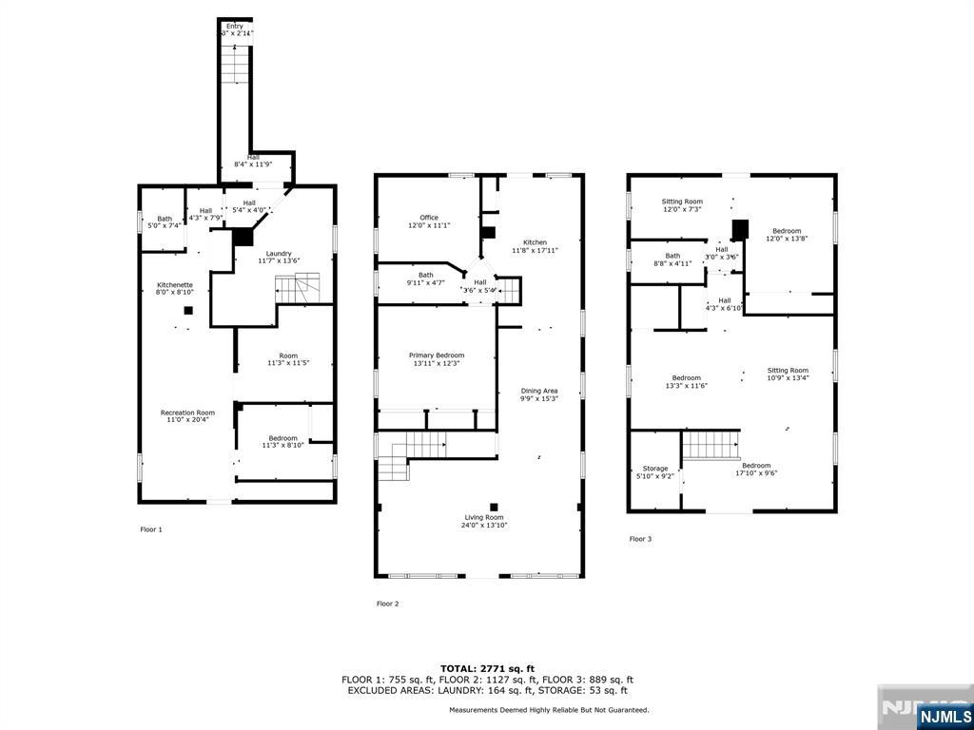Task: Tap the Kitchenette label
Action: pyautogui.click(x=175, y=289)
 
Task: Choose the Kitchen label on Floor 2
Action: pyautogui.click(x=535, y=246)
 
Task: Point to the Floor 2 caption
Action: pyautogui.click(x=387, y=604)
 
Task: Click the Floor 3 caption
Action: pyautogui.click(x=640, y=539)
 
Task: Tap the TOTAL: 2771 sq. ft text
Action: pyautogui.click(x=487, y=668)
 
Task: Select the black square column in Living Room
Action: pyautogui.click(x=493, y=507)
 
